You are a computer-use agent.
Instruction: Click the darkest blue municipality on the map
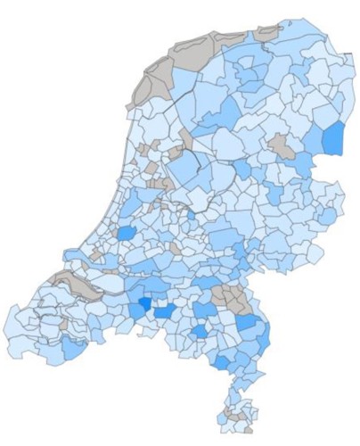pos(143,305)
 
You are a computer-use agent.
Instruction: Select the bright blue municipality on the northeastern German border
pos(332,138)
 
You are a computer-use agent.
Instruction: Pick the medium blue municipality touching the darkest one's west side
pos(133,308)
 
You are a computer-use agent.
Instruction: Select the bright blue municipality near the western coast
pos(127,235)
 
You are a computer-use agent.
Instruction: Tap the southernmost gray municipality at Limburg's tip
pos(235,414)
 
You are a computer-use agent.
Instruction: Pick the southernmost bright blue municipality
pos(220,362)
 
